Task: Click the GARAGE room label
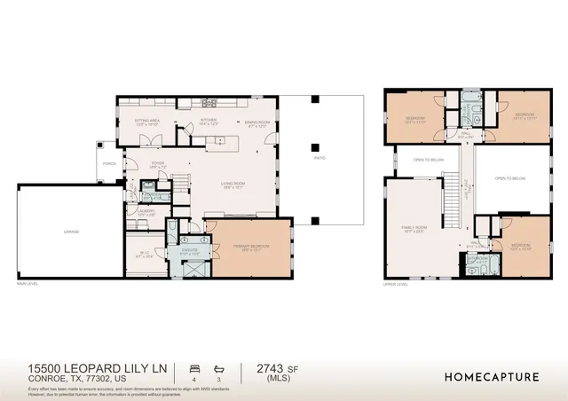[x=71, y=232]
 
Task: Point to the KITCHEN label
[x=209, y=120]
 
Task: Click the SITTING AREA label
[x=147, y=120]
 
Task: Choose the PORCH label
[x=109, y=164]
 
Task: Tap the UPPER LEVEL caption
[x=395, y=285]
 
